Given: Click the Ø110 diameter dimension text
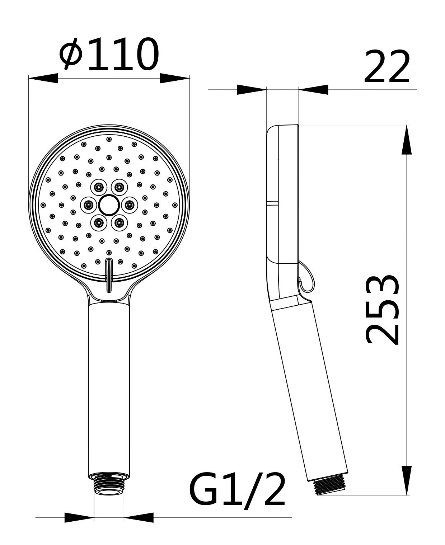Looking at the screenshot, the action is [109, 54].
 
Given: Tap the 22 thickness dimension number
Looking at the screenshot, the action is [387, 66].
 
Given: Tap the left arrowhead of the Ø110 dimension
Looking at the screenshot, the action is [43, 78].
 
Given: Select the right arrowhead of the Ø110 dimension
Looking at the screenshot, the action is [175, 78].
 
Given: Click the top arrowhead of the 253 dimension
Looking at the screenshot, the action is [407, 140].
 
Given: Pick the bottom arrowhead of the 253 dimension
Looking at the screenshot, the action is [407, 480].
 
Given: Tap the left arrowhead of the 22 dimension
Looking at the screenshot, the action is [252, 90].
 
